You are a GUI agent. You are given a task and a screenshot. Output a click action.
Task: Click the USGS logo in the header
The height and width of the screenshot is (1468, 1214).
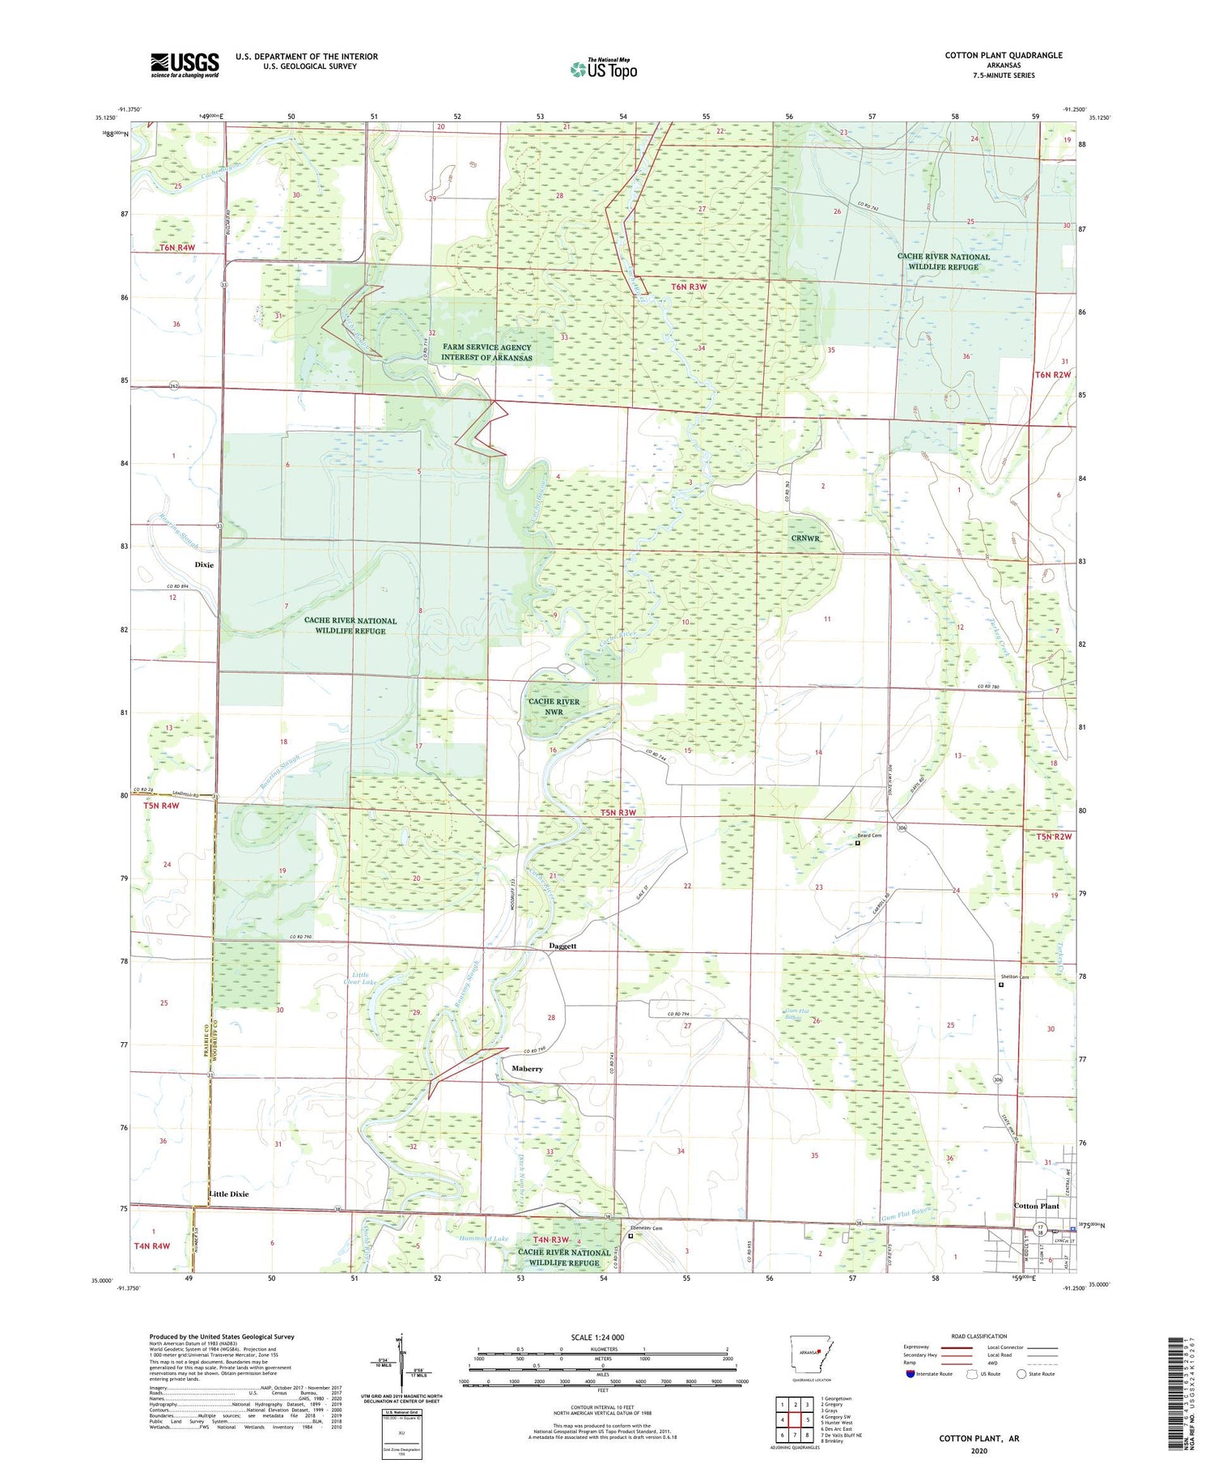[x=185, y=65]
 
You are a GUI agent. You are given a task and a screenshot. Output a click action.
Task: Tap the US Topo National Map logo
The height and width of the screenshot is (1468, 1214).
[x=603, y=69]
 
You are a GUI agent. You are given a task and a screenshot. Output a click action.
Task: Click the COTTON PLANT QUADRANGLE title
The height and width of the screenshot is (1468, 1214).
[x=1004, y=55]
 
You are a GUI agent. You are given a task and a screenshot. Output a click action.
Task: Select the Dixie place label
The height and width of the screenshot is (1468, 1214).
[x=204, y=564]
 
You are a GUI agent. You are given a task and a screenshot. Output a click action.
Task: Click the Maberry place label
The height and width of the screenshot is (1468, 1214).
[x=527, y=1069]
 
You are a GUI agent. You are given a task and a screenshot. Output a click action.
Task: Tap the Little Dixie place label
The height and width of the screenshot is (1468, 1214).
[x=229, y=1194]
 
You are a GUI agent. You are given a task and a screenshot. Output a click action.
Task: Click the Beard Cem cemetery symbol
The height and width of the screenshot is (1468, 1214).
[x=858, y=843]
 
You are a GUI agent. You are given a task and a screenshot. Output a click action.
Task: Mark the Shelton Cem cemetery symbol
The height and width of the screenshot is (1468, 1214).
[x=1000, y=985]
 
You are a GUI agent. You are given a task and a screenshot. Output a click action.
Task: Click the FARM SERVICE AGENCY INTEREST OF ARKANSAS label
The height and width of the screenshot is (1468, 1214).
[x=486, y=352]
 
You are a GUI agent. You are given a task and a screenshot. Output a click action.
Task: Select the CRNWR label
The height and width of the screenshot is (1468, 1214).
[x=805, y=538]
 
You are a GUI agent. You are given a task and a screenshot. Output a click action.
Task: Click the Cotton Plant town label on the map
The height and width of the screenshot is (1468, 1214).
[x=1036, y=1206]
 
